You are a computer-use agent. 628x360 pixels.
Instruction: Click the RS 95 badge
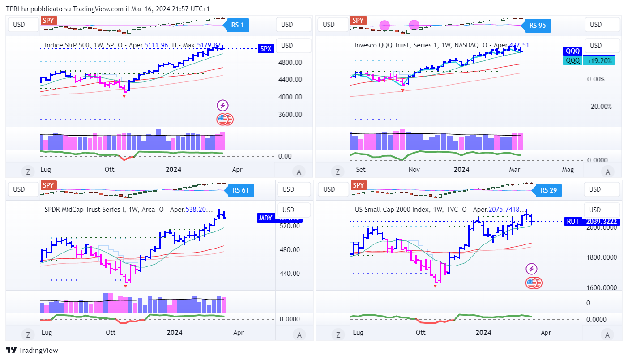coord(537,26)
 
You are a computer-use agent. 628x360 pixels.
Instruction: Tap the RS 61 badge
coord(240,190)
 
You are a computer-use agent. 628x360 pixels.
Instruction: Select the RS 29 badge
coord(548,190)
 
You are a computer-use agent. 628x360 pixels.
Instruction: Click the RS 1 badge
coord(237,25)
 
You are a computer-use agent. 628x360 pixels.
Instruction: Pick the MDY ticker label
coord(265,218)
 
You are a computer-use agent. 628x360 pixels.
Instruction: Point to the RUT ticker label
coord(573,221)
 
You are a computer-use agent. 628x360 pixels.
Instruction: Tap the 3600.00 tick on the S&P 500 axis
coord(291,114)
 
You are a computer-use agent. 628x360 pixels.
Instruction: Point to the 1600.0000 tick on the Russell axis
coord(602,288)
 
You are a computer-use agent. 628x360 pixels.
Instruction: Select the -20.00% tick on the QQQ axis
coord(599,106)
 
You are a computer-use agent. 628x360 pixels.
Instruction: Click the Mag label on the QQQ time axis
coord(568,170)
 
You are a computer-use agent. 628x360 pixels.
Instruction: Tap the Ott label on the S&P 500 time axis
coord(110,170)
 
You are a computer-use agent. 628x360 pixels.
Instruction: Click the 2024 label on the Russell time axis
coord(483,333)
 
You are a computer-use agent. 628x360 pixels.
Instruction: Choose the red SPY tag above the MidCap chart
coord(48,185)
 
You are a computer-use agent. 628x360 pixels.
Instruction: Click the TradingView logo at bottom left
coord(32,351)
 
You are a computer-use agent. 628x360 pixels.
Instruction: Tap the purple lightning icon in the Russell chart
coord(531,269)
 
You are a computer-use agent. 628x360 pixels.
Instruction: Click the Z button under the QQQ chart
coord(337,171)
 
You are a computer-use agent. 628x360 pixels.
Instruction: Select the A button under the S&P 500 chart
coord(299,171)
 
